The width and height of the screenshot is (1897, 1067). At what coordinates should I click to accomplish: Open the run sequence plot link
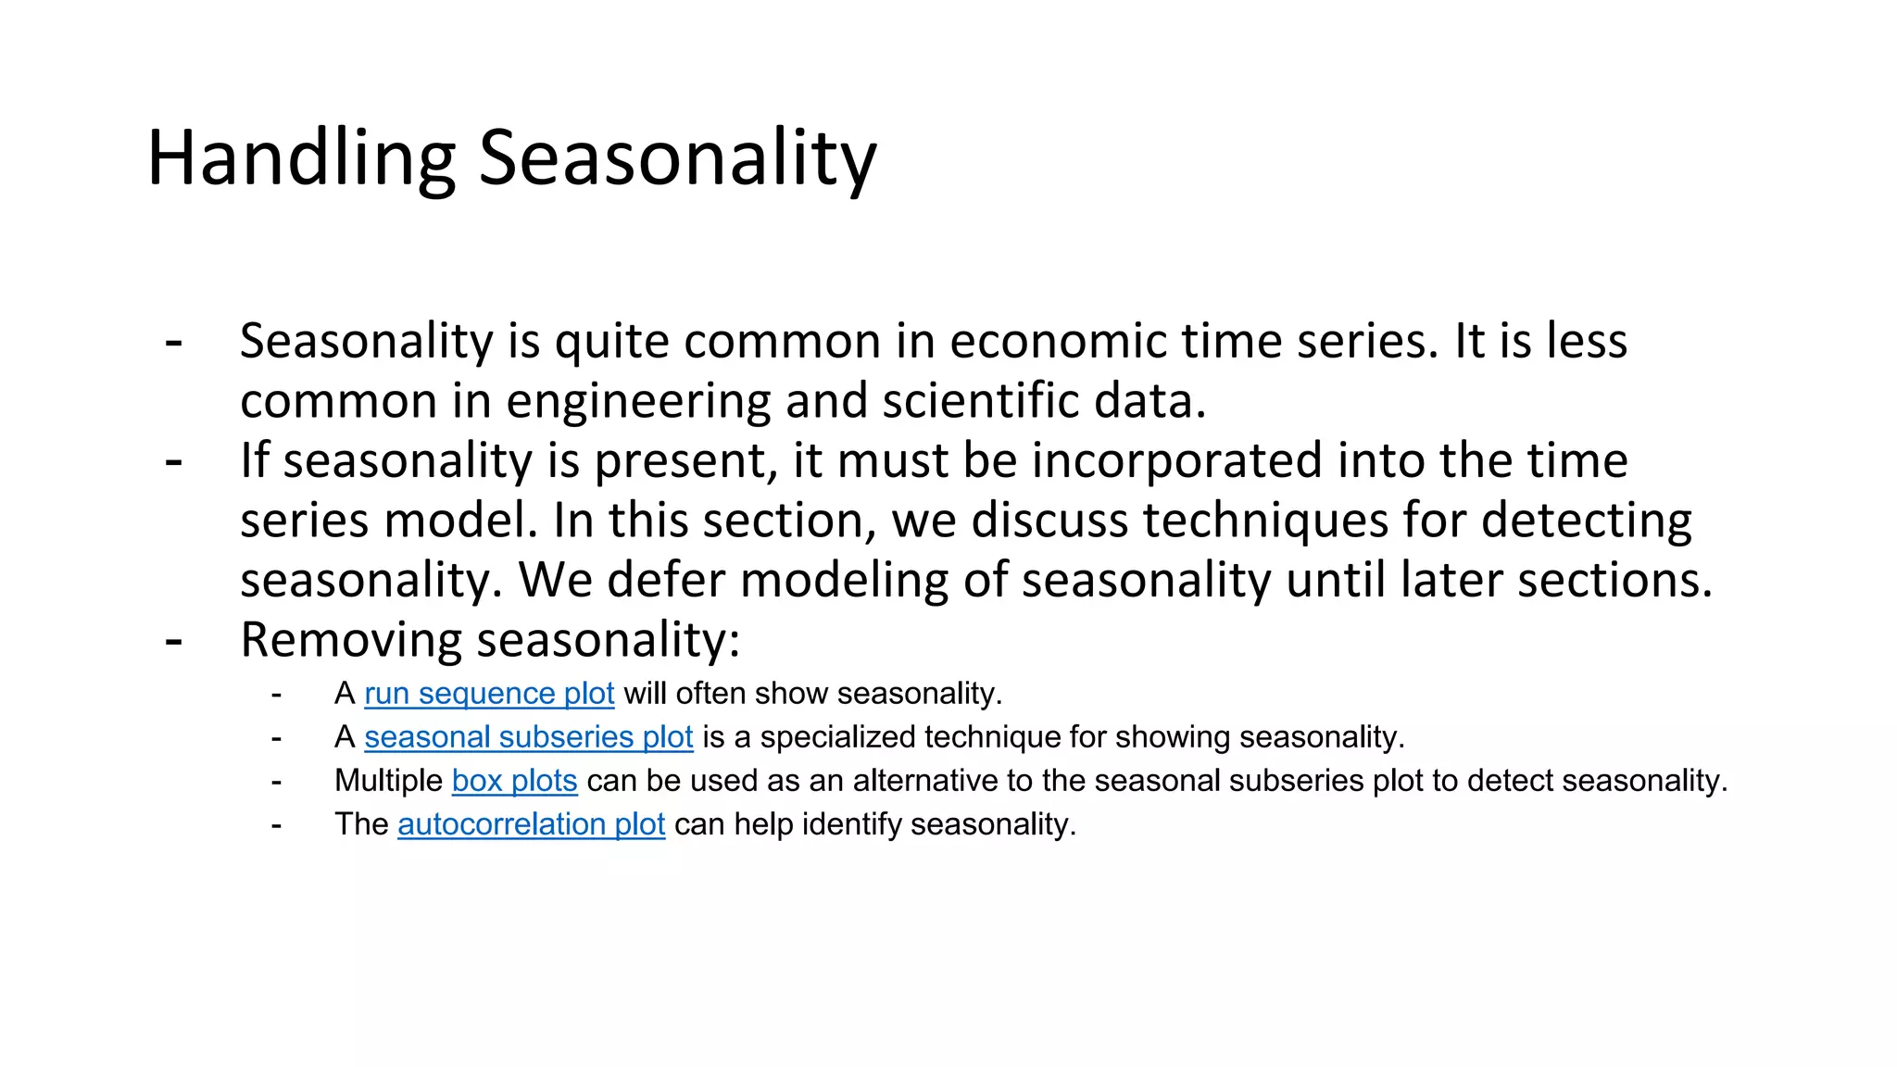pyautogui.click(x=489, y=694)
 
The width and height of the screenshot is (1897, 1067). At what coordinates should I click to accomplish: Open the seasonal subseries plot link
pyautogui.click(x=528, y=737)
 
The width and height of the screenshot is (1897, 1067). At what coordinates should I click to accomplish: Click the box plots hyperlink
pyautogui.click(x=514, y=781)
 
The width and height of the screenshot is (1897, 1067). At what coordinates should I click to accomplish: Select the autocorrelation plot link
pyautogui.click(x=531, y=824)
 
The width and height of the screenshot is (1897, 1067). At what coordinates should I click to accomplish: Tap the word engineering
pyautogui.click(x=638, y=402)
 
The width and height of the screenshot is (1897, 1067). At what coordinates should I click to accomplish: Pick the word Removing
pyautogui.click(x=350, y=640)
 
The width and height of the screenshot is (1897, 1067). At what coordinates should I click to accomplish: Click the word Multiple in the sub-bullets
pyautogui.click(x=388, y=781)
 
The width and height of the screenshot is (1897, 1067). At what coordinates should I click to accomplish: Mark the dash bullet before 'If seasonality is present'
pyautogui.click(x=173, y=460)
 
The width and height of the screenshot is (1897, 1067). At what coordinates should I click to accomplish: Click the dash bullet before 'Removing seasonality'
pyautogui.click(x=173, y=640)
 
